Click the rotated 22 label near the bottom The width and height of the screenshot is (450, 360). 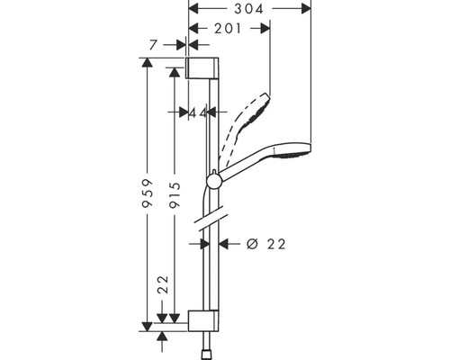[x=163, y=285]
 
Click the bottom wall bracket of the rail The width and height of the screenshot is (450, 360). [x=203, y=321]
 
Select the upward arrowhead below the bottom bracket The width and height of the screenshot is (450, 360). [x=163, y=336]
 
